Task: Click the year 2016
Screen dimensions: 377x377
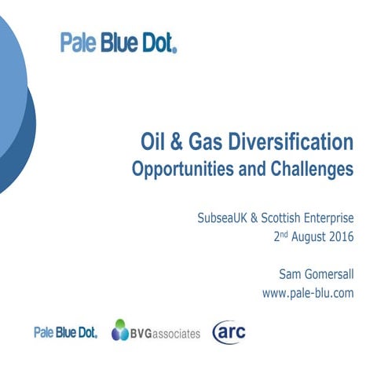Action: (x=341, y=234)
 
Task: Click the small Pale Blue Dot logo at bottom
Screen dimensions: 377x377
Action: (x=65, y=332)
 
